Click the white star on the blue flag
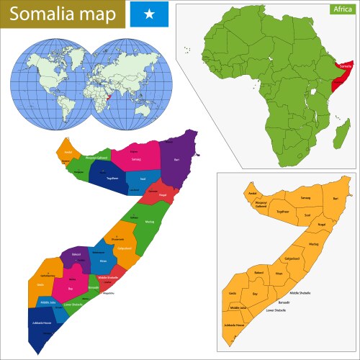[x=149, y=14]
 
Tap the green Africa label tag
[x=342, y=9]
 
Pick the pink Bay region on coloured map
[x=71, y=288]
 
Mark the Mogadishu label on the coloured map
[x=109, y=294]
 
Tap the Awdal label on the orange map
[x=253, y=194]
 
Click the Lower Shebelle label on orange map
[x=276, y=310]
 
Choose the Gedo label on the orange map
[x=233, y=294]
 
